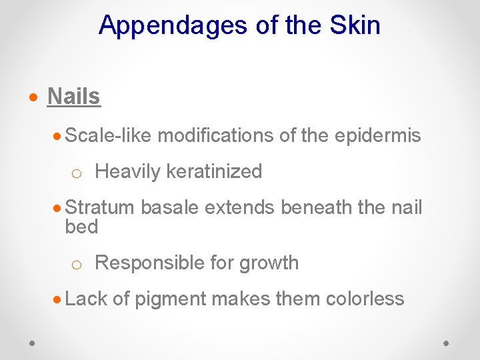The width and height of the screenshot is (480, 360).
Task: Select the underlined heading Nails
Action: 73,97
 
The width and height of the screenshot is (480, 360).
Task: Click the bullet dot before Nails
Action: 33,97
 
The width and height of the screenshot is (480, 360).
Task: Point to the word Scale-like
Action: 109,135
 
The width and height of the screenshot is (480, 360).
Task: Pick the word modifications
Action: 215,135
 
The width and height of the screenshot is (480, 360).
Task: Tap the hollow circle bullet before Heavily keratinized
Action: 77,173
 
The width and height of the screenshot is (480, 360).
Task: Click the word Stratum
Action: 100,207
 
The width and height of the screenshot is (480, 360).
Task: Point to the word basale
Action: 169,207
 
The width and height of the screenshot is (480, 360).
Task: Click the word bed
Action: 81,227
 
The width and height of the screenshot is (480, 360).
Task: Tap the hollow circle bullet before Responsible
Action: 77,264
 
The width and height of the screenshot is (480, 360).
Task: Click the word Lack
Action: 86,299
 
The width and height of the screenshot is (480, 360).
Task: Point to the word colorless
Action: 365,299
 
